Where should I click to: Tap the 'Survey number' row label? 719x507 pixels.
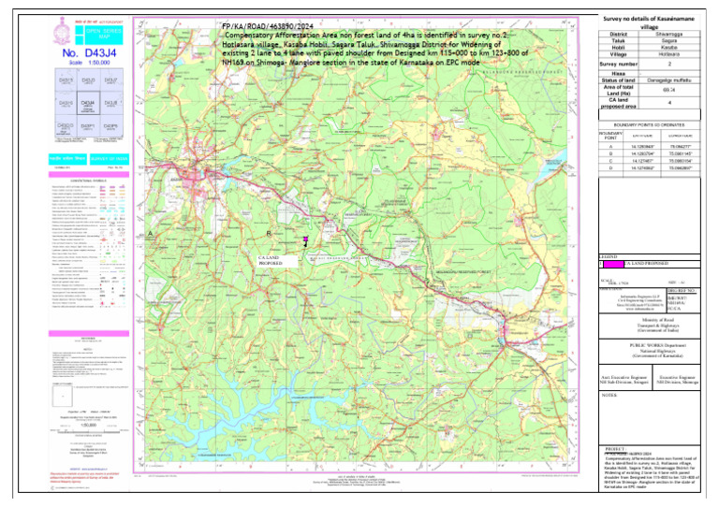622,64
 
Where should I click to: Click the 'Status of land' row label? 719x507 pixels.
622,81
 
